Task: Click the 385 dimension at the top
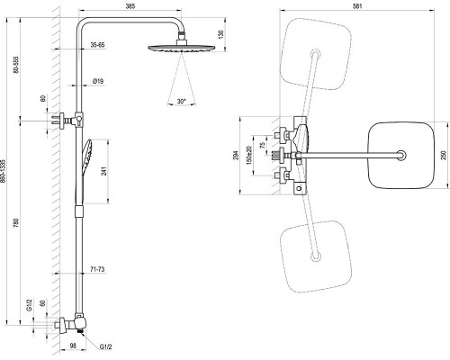[x=130, y=6]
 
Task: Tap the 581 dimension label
[x=357, y=6]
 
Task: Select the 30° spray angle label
[x=181, y=102]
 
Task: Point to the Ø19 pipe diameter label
[x=98, y=81]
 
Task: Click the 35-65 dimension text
[x=97, y=45]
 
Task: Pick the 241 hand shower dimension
[x=104, y=171]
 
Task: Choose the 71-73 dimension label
[x=97, y=269]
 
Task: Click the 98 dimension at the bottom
[x=73, y=346]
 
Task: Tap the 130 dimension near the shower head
[x=221, y=35]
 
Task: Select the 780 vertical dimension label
[x=16, y=223]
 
